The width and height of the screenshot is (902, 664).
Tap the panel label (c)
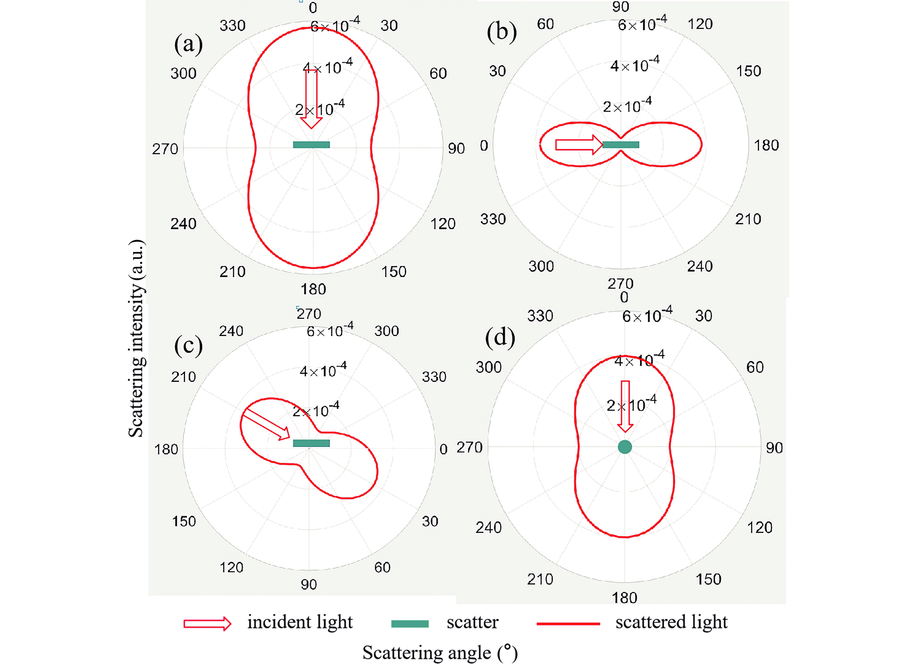pyautogui.click(x=188, y=345)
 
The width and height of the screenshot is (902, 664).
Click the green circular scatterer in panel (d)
pyautogui.click(x=624, y=447)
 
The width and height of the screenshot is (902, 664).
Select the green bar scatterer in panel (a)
pyautogui.click(x=311, y=145)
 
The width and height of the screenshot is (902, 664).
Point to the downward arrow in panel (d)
pyautogui.click(x=625, y=406)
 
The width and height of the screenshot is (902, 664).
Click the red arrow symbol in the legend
pyautogui.click(x=207, y=623)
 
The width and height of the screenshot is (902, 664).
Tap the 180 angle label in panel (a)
pyautogui.click(x=313, y=289)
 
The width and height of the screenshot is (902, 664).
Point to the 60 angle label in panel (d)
pyautogui.click(x=755, y=367)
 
